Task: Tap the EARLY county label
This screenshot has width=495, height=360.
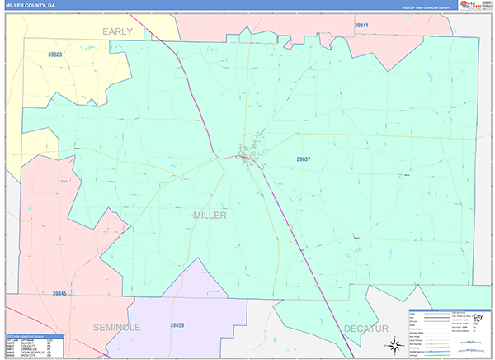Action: coord(118,31)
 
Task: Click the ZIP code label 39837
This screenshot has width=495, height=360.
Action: coord(305,159)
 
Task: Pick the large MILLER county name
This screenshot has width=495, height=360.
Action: coord(210,215)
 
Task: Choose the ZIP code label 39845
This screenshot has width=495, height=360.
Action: coord(63,293)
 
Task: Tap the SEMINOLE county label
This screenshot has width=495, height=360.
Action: coord(116,327)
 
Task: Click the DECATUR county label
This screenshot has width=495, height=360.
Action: coord(366,328)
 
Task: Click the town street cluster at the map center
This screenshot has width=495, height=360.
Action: coord(247,154)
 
